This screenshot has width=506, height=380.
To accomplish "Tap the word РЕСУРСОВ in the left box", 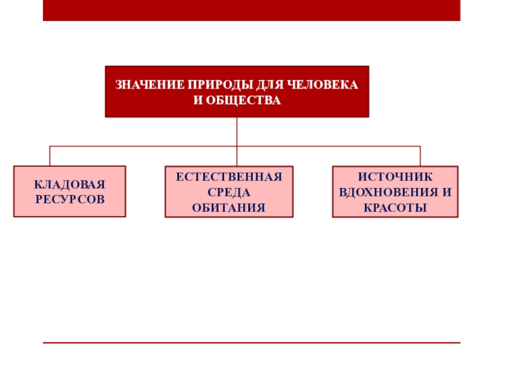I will pyautogui.click(x=70, y=199).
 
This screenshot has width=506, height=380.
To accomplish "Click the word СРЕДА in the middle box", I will pyautogui.click(x=229, y=192).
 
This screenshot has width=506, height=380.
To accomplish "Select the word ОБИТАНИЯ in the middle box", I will pyautogui.click(x=229, y=207).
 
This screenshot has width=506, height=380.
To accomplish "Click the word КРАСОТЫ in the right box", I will pyautogui.click(x=395, y=207).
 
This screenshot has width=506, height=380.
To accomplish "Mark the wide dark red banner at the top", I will pyautogui.click(x=251, y=10).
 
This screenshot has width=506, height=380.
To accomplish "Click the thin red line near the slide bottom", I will pyautogui.click(x=251, y=343).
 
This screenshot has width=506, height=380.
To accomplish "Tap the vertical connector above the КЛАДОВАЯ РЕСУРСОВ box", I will pyautogui.click(x=50, y=156).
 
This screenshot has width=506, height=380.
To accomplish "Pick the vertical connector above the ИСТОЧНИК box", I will pyautogui.click(x=420, y=156).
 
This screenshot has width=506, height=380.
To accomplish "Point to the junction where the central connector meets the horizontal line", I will pyautogui.click(x=237, y=146).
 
